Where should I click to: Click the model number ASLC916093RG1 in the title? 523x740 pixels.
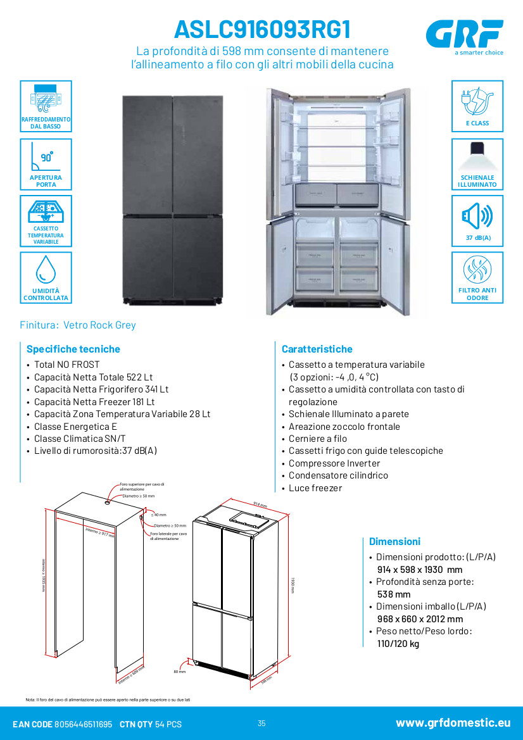[x=261, y=29]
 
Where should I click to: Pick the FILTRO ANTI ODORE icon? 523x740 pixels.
[x=477, y=270]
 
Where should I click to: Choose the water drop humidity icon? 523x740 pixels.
[x=46, y=269]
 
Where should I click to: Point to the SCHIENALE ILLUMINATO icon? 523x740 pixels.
[x=477, y=156]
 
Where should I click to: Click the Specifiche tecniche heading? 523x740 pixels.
[x=73, y=349]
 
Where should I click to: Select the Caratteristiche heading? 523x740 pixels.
[x=317, y=349]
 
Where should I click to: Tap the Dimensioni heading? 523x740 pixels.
[x=394, y=541]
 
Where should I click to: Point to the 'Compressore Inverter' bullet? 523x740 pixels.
[x=335, y=463]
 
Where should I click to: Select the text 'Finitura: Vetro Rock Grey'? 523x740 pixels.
[x=78, y=325]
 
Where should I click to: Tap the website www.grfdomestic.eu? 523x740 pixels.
[x=453, y=723]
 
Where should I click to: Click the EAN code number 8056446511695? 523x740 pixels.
[x=84, y=724]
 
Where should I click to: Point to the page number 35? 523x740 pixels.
[x=261, y=724]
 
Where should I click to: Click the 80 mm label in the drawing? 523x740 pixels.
[x=179, y=672]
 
